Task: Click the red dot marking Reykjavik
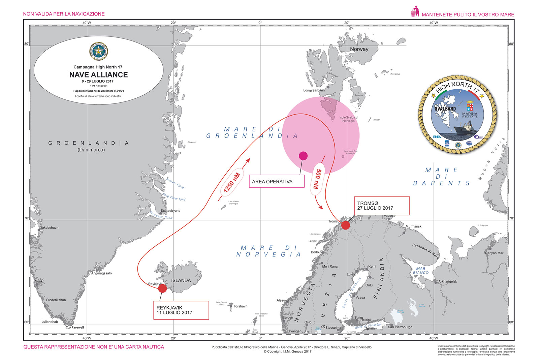(x=162, y=288)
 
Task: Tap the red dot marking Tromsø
(x=345, y=225)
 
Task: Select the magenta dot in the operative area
(x=303, y=156)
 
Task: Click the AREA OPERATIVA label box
(x=276, y=181)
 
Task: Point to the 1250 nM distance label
(x=232, y=182)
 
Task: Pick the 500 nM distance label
(x=318, y=179)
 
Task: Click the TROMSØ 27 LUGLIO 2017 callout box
(x=382, y=206)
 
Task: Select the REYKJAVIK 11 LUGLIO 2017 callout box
(x=181, y=310)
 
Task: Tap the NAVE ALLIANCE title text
(x=98, y=75)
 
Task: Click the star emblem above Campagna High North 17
(x=98, y=52)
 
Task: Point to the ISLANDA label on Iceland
(x=181, y=280)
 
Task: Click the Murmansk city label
(x=413, y=227)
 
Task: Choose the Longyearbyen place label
(x=314, y=90)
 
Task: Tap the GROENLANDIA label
(x=88, y=143)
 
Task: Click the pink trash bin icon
(x=415, y=12)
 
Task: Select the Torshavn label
(x=241, y=306)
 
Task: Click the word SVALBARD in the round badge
(x=445, y=109)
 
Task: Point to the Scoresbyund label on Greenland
(x=170, y=211)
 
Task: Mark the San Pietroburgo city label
(x=400, y=327)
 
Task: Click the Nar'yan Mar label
(x=494, y=253)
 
